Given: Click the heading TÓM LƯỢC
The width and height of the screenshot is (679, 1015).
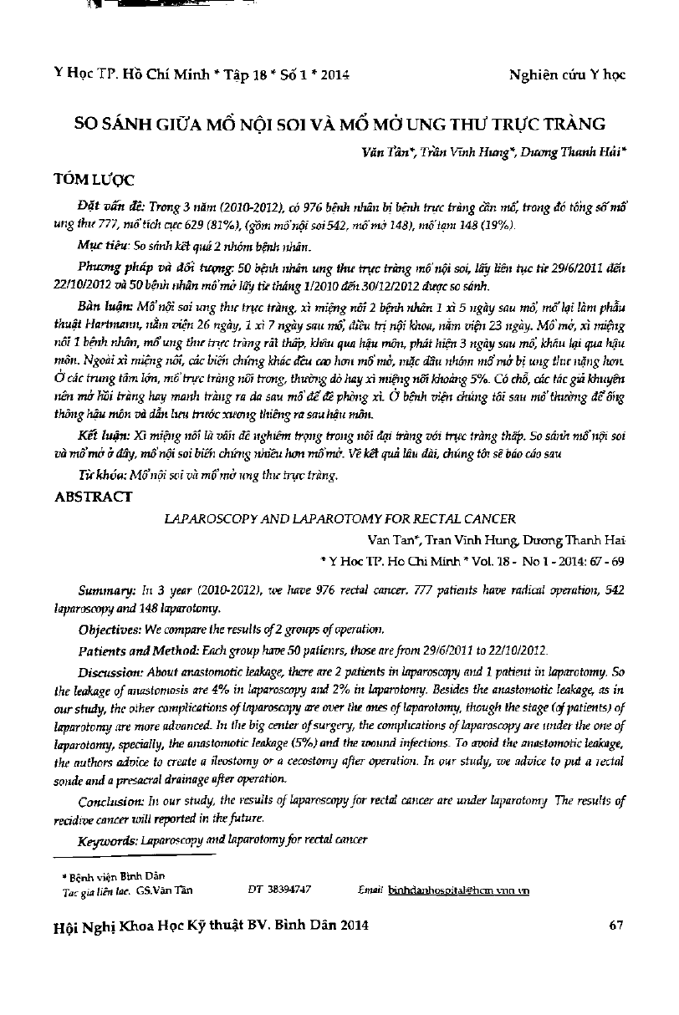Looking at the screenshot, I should (x=93, y=180).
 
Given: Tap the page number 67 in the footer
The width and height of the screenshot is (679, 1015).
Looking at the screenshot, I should (x=618, y=925).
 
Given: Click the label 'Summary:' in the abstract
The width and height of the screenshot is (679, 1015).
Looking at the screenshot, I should (x=105, y=589).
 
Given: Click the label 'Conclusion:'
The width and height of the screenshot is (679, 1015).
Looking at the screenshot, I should (x=110, y=800).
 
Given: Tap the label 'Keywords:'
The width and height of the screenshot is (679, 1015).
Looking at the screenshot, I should (x=107, y=839).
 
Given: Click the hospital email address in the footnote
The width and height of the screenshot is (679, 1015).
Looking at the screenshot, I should (x=459, y=891).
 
